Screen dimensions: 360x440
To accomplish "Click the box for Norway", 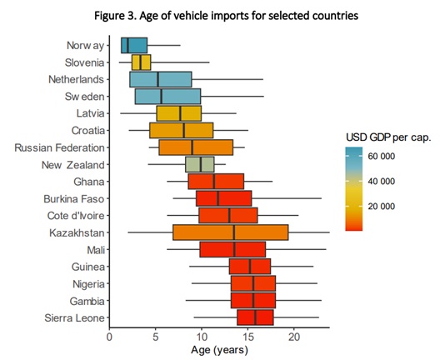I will point(133,45).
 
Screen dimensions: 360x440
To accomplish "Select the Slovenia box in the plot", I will point(141,62).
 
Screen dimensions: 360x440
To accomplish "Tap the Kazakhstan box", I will point(230,232).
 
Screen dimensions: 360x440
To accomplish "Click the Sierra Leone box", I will point(255,317).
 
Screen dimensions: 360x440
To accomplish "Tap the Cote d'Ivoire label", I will point(72,215).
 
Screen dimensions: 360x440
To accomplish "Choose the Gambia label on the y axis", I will point(85,300).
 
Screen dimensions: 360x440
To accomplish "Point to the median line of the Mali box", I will point(234,249).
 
